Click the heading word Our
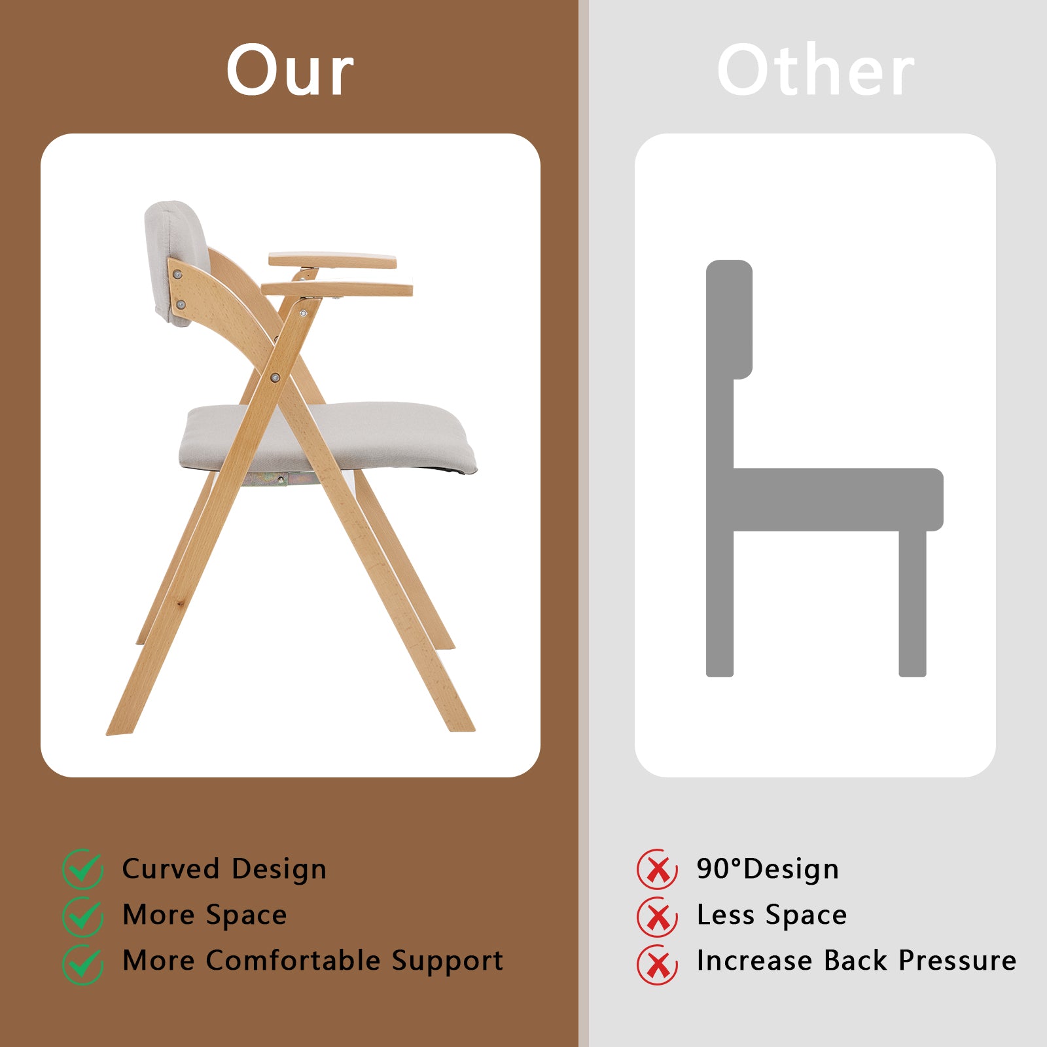290,70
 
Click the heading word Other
815,70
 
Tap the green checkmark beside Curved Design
82,868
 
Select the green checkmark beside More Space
82,916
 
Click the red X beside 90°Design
657,869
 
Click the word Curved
170,869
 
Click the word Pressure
957,961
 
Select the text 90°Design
767,869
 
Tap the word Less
726,915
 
